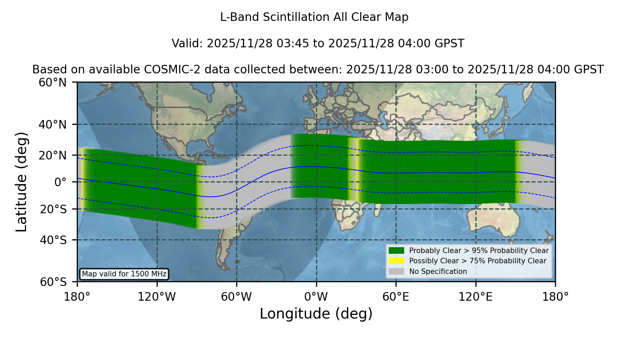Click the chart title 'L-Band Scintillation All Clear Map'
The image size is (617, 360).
pos(314,17)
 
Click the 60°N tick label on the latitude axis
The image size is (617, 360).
pos(53,83)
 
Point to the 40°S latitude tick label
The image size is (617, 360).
pos(53,240)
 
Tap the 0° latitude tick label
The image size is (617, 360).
pos(61,182)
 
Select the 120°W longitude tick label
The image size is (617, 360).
pos(157,297)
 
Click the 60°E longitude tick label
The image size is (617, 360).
pos(396,297)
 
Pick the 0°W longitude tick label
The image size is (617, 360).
pos(316,297)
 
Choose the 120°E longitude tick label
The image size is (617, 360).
pos(475,297)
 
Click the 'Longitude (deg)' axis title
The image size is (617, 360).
pos(316,314)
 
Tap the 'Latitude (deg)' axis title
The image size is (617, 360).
pos(21,182)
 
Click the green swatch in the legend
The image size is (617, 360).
pos(396,250)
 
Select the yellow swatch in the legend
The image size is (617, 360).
pos(396,261)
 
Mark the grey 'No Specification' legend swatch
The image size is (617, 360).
pos(396,271)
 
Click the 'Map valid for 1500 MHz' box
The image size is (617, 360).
pos(124,274)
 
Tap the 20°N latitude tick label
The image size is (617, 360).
pos(53,155)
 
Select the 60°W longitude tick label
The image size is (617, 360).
pos(237,297)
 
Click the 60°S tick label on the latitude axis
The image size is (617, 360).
pos(53,282)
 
